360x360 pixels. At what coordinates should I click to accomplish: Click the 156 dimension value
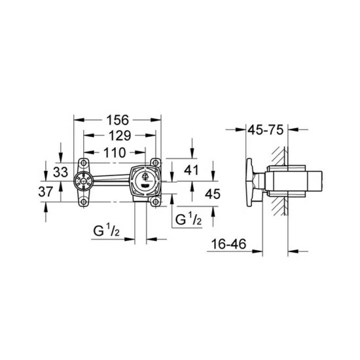coord(118,120)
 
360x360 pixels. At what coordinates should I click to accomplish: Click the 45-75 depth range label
coord(266,130)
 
